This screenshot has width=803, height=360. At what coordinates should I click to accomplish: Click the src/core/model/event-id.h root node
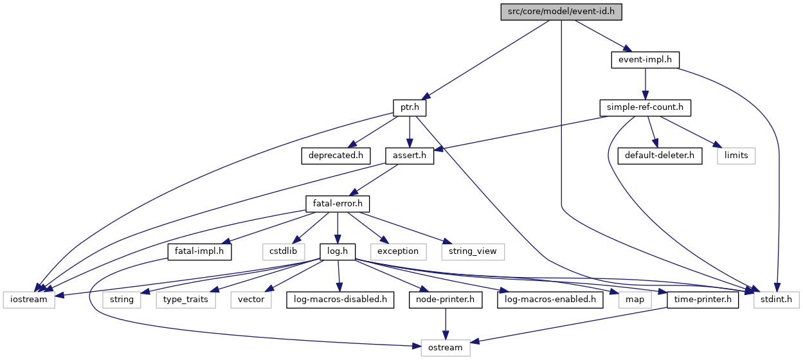561,12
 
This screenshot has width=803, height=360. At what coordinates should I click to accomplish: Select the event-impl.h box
645,60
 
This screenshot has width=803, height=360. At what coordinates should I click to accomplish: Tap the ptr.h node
410,107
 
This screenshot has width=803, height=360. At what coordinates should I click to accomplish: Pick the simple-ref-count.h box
645,107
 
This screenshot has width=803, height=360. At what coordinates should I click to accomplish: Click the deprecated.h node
336,156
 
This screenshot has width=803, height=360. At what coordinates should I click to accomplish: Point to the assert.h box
410,156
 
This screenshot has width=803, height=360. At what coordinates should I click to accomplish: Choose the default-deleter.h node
660,156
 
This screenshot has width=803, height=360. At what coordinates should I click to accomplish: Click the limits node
736,156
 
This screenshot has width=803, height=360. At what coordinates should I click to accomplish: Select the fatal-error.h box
338,204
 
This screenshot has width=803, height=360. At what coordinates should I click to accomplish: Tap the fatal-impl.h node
199,252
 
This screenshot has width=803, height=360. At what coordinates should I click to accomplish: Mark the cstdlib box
284,252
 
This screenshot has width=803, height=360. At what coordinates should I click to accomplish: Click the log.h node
338,252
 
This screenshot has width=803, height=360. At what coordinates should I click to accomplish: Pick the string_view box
473,252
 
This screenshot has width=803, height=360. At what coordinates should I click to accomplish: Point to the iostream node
29,300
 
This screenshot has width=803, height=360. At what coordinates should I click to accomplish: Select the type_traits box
186,300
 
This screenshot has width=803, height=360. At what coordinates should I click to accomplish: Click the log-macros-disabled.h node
340,300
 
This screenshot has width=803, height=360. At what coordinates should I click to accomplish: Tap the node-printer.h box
446,300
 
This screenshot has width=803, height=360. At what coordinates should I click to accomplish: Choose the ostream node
446,348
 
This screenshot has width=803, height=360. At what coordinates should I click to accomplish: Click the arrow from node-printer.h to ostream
446,324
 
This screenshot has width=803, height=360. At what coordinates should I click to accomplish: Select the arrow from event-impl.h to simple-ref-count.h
645,84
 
